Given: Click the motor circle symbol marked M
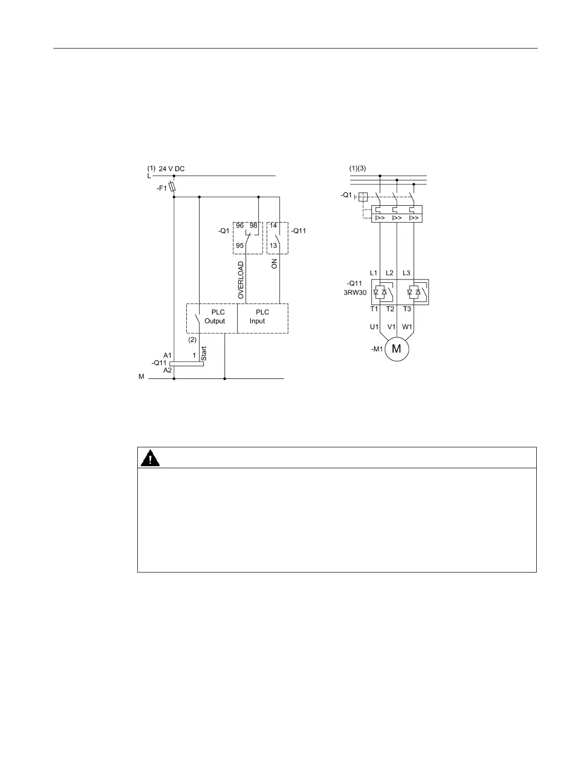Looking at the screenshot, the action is (397, 349).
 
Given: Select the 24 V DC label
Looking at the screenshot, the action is (172, 169).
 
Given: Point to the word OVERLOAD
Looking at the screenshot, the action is (241, 280).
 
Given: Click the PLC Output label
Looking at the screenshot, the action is (215, 316).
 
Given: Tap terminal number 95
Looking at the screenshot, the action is (240, 246).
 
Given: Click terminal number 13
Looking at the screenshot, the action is (273, 246).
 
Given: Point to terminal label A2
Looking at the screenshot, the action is (167, 370).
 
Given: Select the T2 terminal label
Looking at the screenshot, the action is (390, 309).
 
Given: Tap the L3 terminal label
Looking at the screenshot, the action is (407, 273).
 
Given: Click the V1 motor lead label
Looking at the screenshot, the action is (391, 327).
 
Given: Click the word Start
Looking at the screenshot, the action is (204, 353).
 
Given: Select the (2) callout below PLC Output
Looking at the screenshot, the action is (193, 340).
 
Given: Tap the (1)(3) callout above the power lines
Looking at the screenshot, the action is (358, 168).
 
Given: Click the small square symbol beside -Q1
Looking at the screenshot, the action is (363, 197).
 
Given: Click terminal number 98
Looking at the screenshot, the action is (253, 226).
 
